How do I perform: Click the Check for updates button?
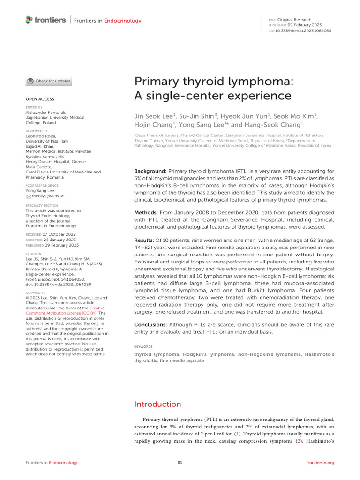point(49,81)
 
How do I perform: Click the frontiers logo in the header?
point(45,20)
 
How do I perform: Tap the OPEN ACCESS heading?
point(39,99)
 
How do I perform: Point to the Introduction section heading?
point(157,404)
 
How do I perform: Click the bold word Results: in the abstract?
point(146,240)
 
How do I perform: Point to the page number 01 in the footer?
point(180,463)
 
